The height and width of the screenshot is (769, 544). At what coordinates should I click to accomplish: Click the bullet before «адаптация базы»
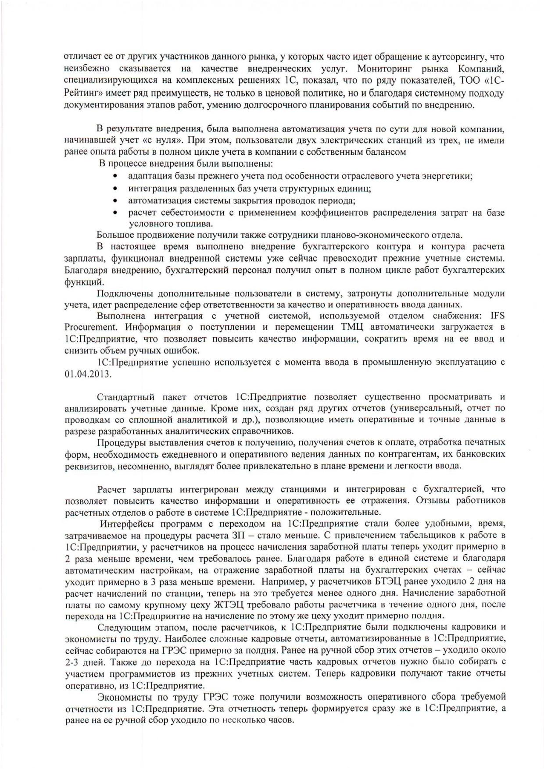(x=115, y=176)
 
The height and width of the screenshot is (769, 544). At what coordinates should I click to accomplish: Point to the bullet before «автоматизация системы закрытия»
(x=115, y=201)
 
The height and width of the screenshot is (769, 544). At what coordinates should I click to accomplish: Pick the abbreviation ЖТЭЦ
(x=231, y=605)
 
